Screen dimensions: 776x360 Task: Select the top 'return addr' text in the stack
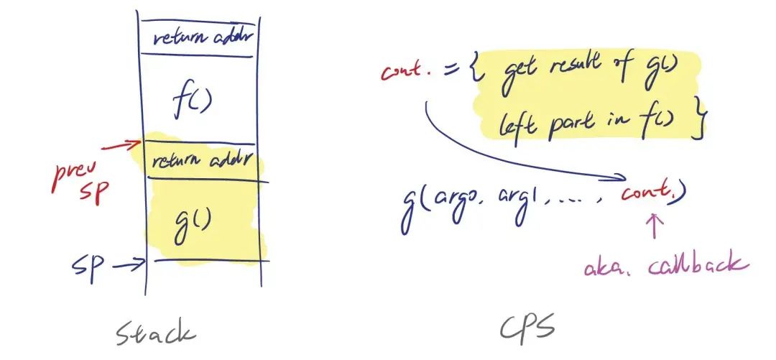click(198, 36)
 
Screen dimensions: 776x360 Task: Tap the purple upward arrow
click(654, 228)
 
